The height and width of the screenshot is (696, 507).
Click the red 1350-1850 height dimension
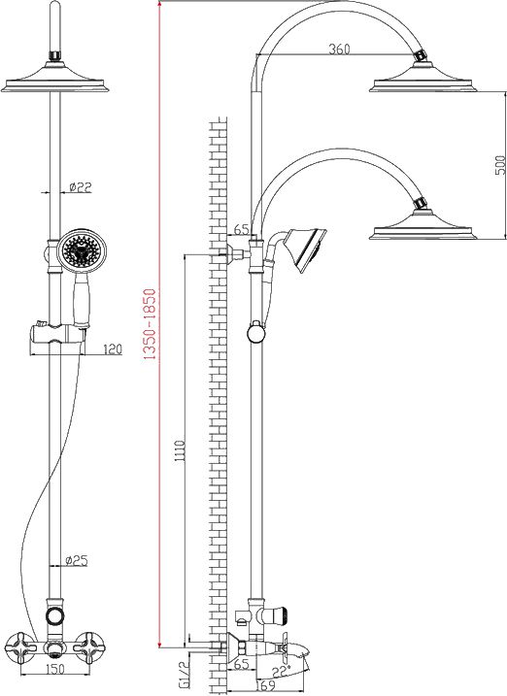tap(150, 324)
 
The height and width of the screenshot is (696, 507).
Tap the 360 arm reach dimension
tap(339, 49)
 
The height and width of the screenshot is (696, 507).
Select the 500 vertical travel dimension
tap(500, 165)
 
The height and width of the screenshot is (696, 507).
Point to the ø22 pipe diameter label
tap(81, 187)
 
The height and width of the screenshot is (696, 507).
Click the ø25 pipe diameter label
tap(77, 561)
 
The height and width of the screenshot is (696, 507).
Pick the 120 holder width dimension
tap(113, 349)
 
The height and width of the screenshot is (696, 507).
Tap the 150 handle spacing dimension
tap(55, 669)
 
